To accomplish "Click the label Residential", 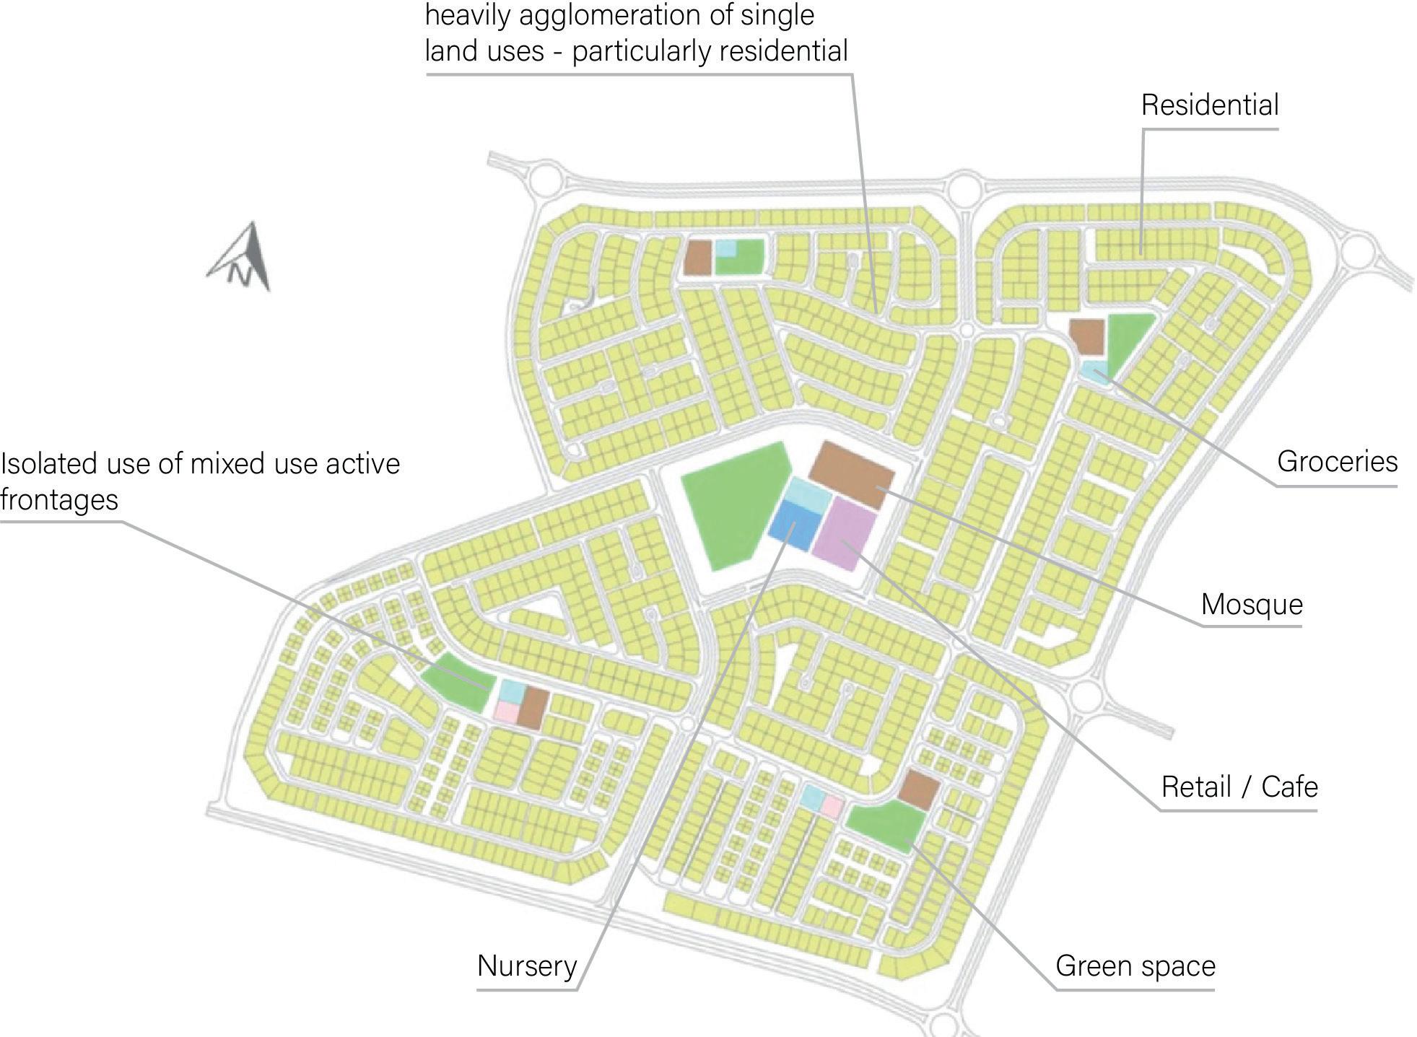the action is click(1210, 105).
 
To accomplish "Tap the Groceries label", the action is click(1337, 462).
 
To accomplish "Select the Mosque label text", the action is click(1252, 605).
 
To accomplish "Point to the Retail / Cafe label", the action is click(1239, 787).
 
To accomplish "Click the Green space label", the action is click(1135, 966).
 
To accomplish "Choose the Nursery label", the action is click(527, 966).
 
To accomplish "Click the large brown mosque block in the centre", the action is click(852, 474).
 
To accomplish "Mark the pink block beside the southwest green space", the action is click(505, 712).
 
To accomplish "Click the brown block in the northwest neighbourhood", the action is click(698, 257).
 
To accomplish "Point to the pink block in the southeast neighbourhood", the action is click(832, 807).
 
